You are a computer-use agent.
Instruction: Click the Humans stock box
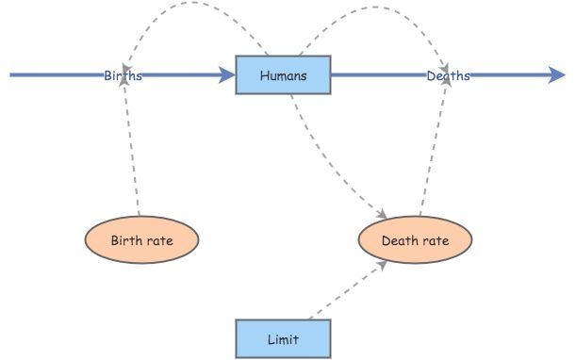tap(283, 75)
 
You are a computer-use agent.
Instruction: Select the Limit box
tap(283, 338)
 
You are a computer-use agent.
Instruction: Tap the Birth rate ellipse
tap(141, 240)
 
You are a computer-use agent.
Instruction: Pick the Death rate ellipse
tap(415, 240)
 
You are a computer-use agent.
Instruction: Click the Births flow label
tap(123, 75)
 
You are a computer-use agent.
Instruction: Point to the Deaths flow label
tap(447, 75)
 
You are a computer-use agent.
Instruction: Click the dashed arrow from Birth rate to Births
tap(131, 151)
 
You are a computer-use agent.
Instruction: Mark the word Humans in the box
tap(283, 75)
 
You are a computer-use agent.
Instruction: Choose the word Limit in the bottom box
tap(283, 338)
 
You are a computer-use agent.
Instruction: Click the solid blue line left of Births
tap(57, 74)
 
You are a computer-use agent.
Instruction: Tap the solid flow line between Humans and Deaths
tap(377, 74)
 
